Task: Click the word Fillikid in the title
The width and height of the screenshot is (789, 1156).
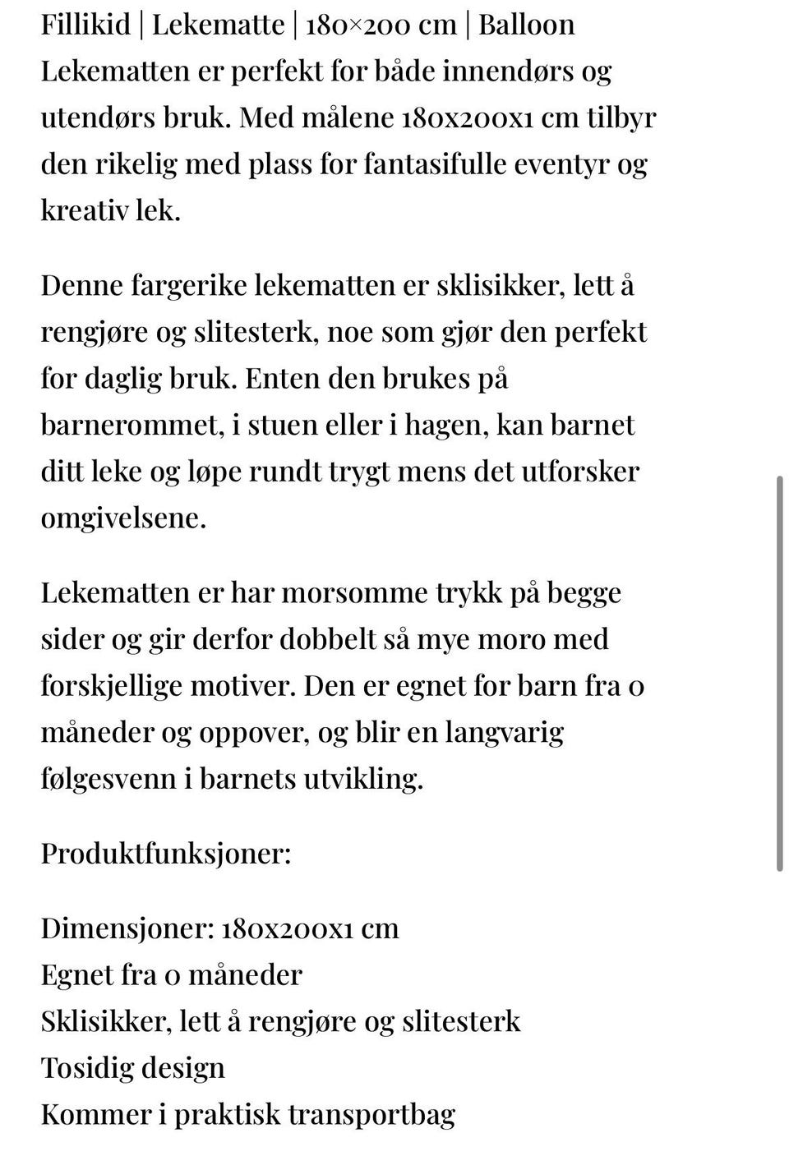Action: (x=86, y=24)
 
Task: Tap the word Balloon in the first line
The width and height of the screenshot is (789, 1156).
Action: (x=526, y=24)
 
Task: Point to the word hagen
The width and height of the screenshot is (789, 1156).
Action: (x=452, y=425)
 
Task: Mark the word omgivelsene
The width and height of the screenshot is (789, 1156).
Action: (x=123, y=518)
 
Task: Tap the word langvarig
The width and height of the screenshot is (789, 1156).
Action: (x=505, y=732)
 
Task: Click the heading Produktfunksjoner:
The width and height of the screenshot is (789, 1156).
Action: (x=166, y=853)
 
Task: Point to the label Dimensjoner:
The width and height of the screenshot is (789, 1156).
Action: (x=127, y=928)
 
